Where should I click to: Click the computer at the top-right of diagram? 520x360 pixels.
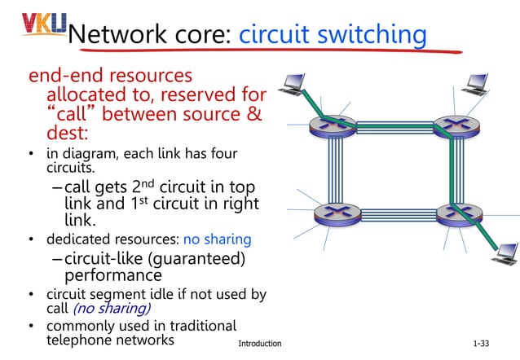click(x=476, y=83)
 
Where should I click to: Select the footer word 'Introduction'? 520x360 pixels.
click(x=259, y=344)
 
